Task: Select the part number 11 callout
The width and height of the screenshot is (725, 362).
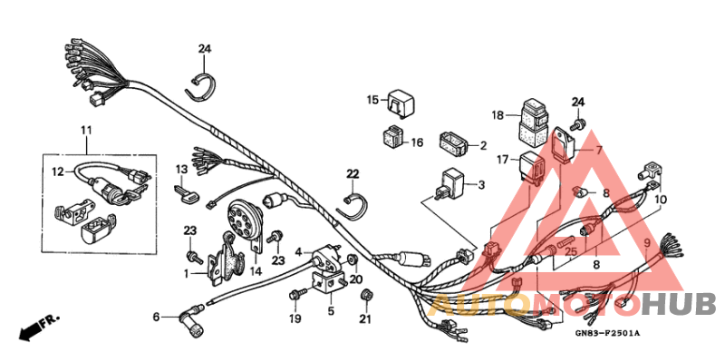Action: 86,132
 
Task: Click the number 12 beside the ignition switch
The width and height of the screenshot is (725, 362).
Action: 56,171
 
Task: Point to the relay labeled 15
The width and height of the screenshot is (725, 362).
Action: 402,102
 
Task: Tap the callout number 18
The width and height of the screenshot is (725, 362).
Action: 498,115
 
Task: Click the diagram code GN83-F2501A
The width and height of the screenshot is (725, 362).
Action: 608,334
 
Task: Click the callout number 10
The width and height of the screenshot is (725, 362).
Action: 661,199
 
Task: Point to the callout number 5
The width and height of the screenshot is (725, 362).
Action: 330,310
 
